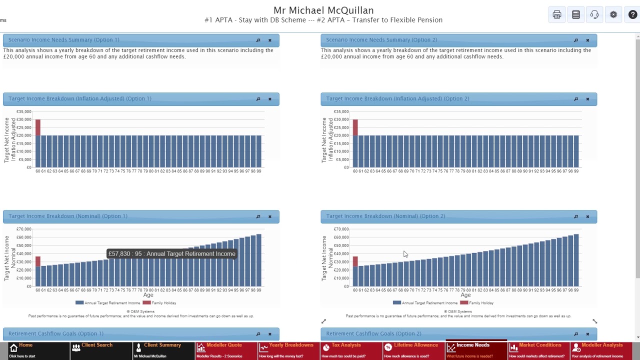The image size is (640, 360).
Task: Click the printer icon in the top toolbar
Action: [x=556, y=15]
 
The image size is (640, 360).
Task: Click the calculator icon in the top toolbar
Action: [x=576, y=15]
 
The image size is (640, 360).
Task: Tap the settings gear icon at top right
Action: [x=613, y=15]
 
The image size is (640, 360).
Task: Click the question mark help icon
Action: [x=632, y=15]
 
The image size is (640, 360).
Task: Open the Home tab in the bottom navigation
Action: [x=25, y=350]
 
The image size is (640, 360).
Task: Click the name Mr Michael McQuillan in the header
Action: [x=323, y=10]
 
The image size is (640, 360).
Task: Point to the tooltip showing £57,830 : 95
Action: [x=171, y=254]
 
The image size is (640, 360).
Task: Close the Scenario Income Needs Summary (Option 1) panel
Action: [x=270, y=40]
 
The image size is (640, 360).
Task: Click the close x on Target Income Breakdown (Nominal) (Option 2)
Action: [x=587, y=216]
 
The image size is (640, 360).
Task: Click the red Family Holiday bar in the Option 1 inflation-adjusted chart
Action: [x=38, y=127]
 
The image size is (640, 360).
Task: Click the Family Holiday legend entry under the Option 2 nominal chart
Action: [x=480, y=303]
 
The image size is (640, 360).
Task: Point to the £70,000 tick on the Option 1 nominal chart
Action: [x=24, y=229]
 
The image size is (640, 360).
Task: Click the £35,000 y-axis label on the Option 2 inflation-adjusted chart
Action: [x=341, y=111]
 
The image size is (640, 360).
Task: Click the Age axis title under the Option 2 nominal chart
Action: [x=465, y=295]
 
